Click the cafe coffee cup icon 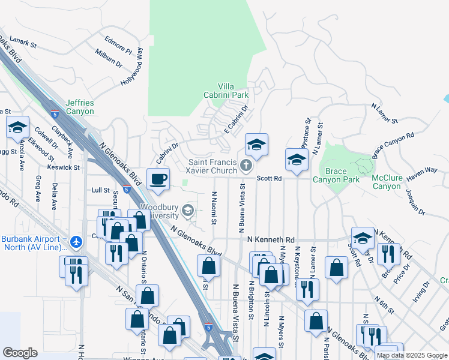click(x=158, y=179)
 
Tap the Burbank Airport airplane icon click(x=76, y=241)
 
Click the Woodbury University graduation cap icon click(x=188, y=209)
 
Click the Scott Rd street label click(x=270, y=178)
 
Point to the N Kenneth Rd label click(x=271, y=239)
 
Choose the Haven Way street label click(x=423, y=171)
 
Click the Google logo click(x=20, y=353)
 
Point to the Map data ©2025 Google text click(x=411, y=355)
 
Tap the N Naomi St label click(x=214, y=208)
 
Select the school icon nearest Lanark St click(x=18, y=128)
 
